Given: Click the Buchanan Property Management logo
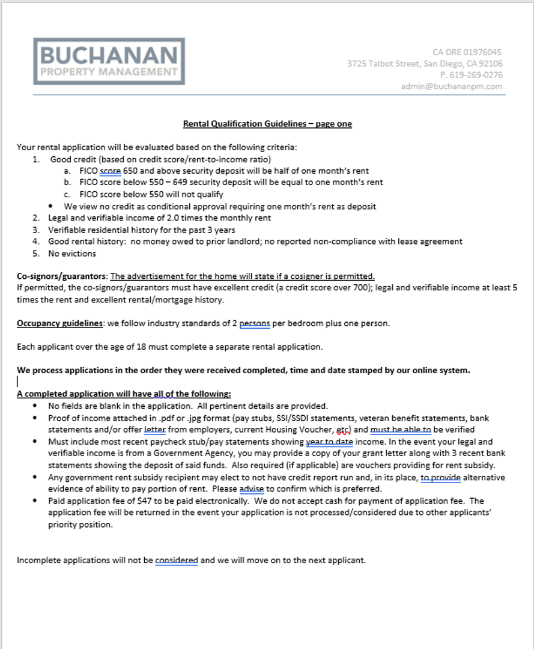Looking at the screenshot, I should (x=109, y=61).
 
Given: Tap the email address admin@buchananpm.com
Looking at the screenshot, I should (x=452, y=87).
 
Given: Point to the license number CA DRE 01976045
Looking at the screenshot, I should (x=467, y=52).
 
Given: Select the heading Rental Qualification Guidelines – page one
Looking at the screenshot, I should (x=267, y=124).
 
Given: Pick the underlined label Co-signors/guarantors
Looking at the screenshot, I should (x=61, y=276).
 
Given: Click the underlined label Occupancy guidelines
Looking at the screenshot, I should (x=59, y=323).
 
